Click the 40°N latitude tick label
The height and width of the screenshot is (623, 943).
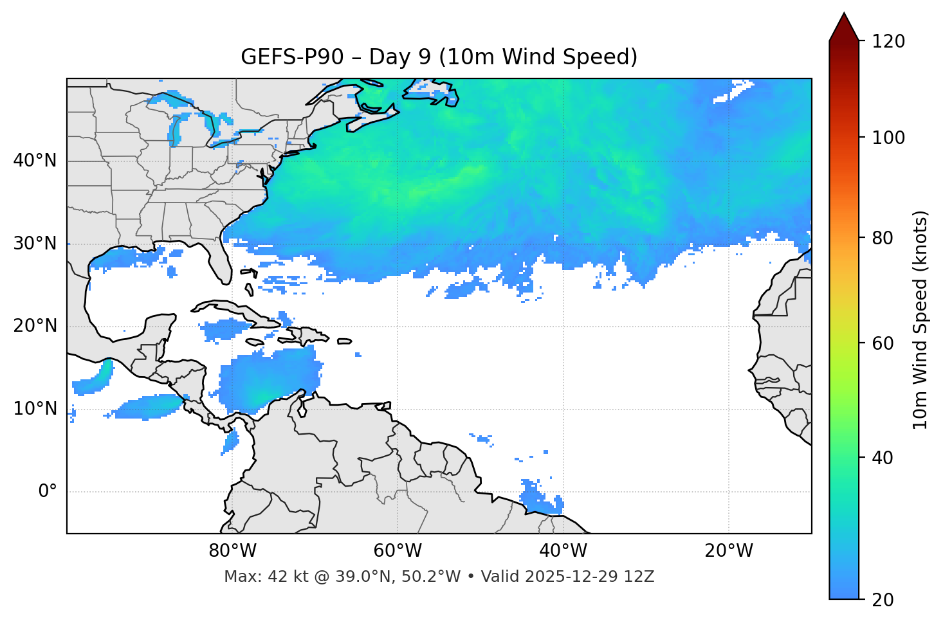pos(35,161)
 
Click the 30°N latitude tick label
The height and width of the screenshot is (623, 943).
pos(35,244)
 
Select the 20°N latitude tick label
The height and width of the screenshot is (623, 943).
pos(35,326)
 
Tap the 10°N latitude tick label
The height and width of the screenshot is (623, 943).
pos(35,409)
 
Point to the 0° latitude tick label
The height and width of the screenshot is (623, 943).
pos(48,492)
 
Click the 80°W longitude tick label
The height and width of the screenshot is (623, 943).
pos(232,551)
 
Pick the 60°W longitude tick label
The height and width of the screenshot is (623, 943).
pos(398,551)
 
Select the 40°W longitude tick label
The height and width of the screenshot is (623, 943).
pos(563,551)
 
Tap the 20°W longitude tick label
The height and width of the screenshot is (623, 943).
pos(728,551)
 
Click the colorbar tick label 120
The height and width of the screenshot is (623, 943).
pos(888,42)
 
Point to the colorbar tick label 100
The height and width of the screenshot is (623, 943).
pos(888,138)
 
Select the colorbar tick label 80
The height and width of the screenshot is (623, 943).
pos(883,238)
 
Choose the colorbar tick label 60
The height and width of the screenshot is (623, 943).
pos(883,343)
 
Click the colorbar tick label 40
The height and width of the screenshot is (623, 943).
pos(883,458)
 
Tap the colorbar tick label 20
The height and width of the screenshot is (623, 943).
pos(883,600)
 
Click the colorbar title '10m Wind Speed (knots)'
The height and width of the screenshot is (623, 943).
pos(920,320)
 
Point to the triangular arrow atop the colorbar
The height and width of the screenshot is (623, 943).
pos(844,28)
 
